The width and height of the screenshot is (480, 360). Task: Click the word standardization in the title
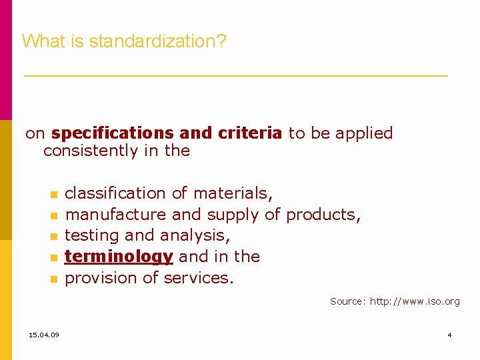coord(157,41)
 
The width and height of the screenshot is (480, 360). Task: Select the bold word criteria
coord(249,133)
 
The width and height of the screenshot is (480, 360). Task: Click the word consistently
coord(91,151)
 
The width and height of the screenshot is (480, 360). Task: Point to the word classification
coord(115,193)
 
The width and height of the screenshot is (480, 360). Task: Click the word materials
coord(232,193)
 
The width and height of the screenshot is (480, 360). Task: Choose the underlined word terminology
coord(119,257)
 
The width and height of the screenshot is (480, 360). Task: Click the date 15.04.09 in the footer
coord(44,334)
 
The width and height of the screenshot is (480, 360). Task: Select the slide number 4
coord(449,334)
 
